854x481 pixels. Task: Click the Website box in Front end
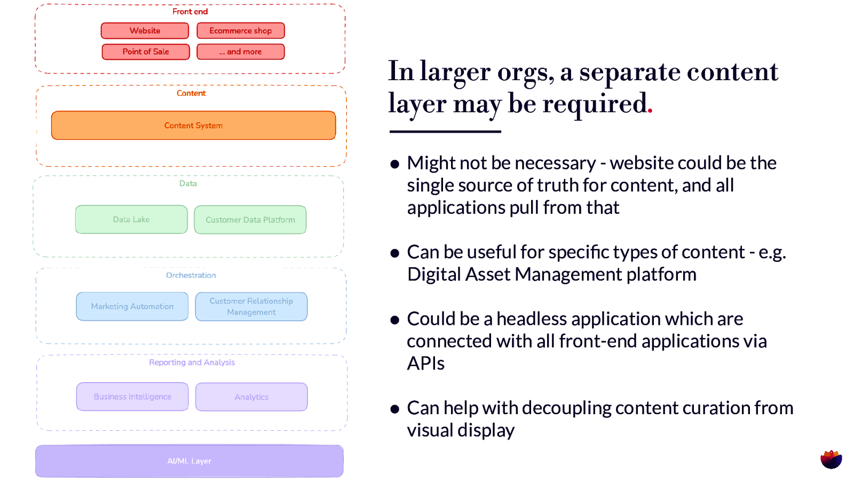tap(145, 31)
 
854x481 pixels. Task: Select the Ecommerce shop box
tap(240, 31)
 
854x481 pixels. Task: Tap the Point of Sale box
tap(146, 52)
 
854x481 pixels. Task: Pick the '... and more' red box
tap(240, 52)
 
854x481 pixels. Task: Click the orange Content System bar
tap(193, 126)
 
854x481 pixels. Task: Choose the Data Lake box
tap(131, 220)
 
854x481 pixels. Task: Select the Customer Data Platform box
tap(250, 220)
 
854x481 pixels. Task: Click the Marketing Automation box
tap(132, 306)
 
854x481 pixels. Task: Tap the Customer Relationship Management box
tap(251, 306)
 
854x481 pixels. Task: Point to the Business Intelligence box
tap(132, 397)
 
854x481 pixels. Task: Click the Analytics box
tap(251, 397)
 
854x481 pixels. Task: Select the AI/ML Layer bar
tap(189, 461)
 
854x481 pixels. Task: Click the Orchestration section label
tap(191, 275)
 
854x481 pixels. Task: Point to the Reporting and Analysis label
tap(192, 362)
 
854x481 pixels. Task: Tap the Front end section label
tap(190, 12)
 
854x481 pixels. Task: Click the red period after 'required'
tap(650, 111)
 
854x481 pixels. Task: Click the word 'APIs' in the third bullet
tap(425, 363)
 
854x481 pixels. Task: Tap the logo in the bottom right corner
tap(831, 459)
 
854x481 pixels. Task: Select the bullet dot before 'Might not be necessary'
tap(395, 164)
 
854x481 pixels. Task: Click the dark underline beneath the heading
tap(445, 131)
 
